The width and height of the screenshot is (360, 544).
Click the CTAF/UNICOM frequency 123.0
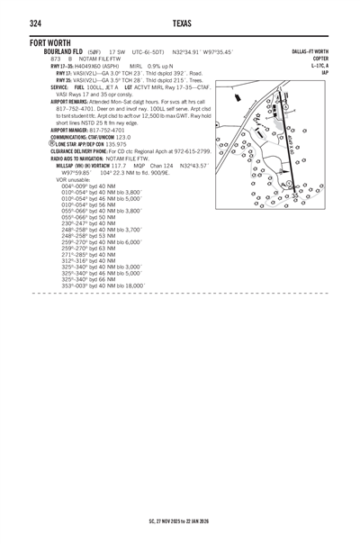110,137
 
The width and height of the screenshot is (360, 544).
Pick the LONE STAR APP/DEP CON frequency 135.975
115,143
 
